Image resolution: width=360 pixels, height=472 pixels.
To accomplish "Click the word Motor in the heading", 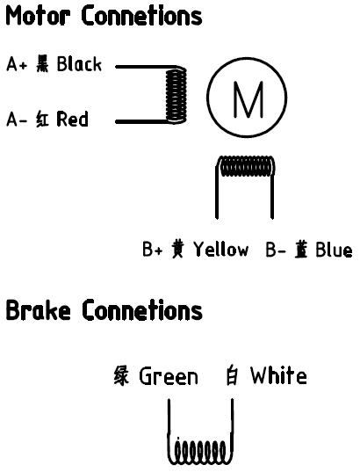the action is [39, 16].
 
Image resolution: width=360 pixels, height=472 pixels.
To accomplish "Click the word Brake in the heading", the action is [39, 309].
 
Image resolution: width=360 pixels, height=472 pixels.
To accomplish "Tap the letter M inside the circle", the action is [248, 99].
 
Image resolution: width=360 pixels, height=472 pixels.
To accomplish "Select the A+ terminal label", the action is [17, 63].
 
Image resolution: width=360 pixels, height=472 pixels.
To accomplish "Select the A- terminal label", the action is [17, 119].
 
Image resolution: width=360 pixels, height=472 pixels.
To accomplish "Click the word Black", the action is [79, 63].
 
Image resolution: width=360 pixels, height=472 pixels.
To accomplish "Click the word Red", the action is [73, 119].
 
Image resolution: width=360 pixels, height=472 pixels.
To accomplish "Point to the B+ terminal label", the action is [153, 249].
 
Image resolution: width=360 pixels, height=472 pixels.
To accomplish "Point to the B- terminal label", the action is [276, 250].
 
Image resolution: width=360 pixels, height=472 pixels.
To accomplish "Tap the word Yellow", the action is [221, 249].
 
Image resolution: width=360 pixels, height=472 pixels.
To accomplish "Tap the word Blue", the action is [334, 250].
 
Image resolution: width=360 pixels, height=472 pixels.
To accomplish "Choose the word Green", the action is [169, 376].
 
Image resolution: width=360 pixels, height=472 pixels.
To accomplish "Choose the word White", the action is [279, 375].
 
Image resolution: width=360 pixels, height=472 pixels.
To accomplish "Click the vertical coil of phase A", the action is [176, 95].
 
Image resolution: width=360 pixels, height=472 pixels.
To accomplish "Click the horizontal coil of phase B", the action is [247, 166].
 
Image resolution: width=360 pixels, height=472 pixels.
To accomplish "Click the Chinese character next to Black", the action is [42, 63].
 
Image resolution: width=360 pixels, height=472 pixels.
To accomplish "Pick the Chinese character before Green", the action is [121, 375].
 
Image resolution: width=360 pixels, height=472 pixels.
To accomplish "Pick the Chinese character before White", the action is [232, 375].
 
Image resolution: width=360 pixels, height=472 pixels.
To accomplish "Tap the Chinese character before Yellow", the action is [177, 249].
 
